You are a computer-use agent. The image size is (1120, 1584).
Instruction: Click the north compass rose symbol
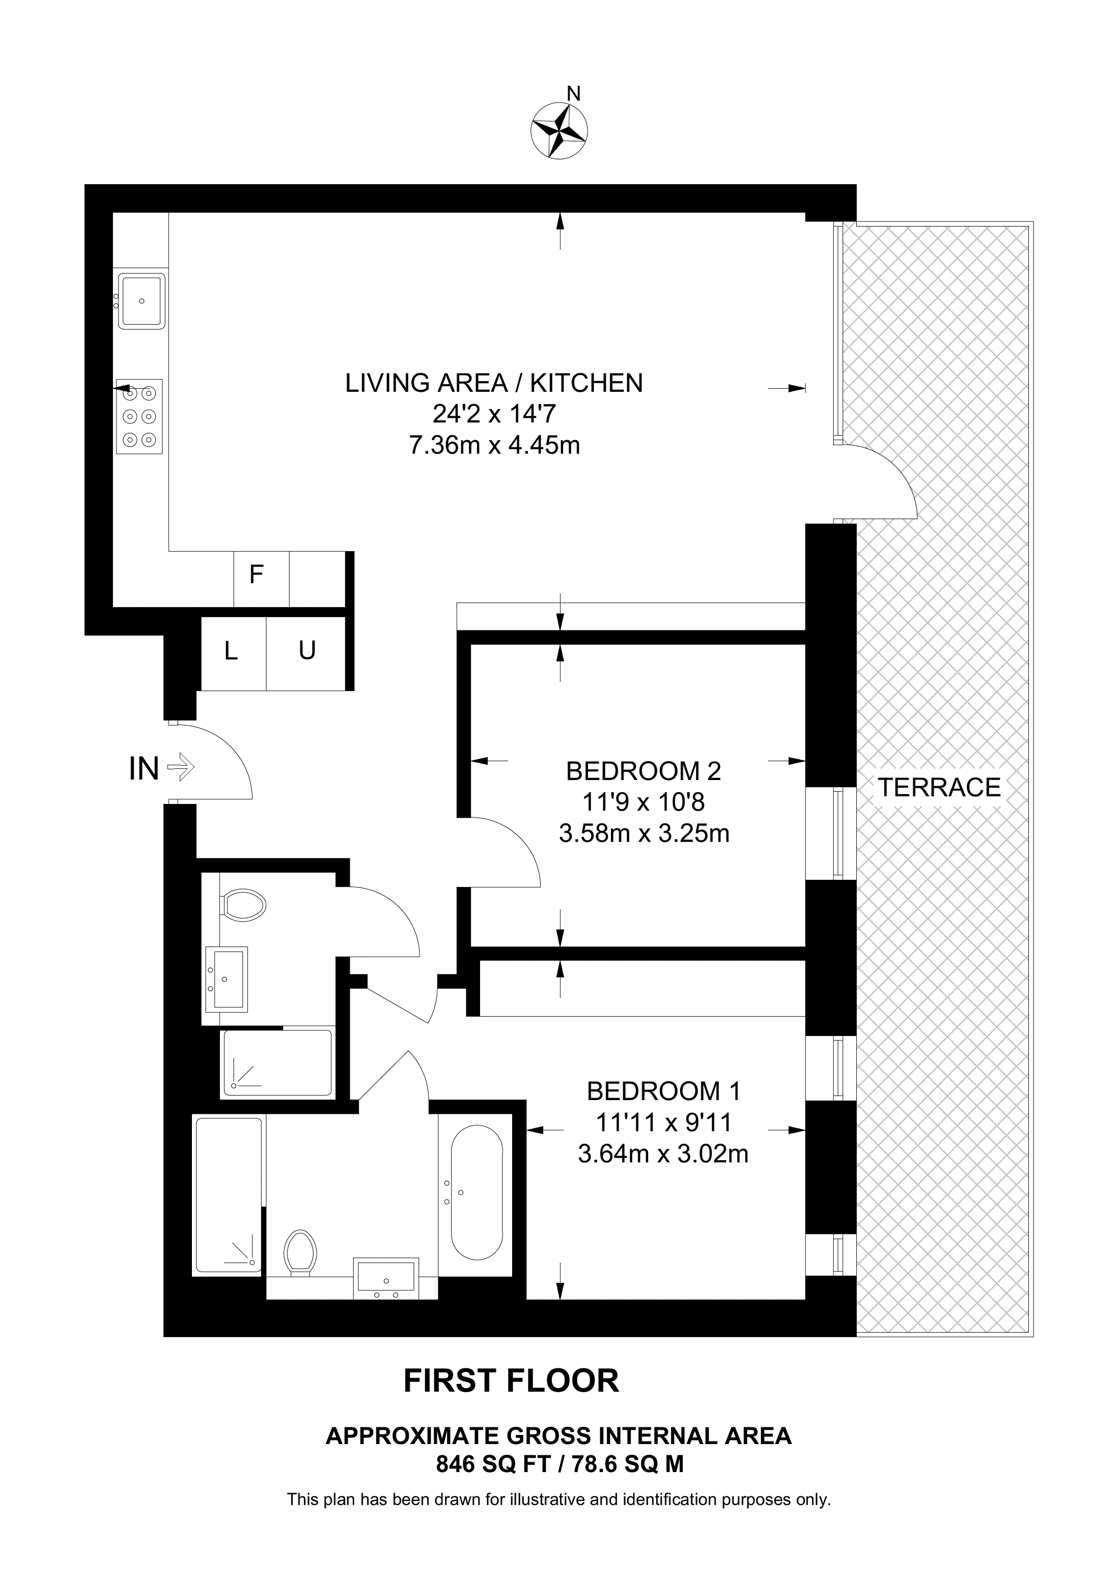click(559, 130)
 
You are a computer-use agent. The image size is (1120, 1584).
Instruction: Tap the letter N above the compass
click(573, 93)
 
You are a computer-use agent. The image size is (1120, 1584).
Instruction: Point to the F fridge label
click(256, 574)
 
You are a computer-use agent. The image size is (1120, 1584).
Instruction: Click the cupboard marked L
click(233, 653)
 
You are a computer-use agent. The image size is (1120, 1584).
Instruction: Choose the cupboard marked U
click(305, 653)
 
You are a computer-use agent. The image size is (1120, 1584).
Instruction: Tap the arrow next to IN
click(182, 767)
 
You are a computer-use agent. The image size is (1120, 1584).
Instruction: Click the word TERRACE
click(939, 787)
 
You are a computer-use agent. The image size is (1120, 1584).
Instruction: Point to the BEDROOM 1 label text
click(663, 1091)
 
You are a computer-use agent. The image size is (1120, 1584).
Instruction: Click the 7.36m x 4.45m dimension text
click(494, 446)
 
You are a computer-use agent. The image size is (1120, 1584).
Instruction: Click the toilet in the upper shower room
click(243, 905)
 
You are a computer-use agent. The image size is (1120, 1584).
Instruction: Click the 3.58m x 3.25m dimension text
click(644, 834)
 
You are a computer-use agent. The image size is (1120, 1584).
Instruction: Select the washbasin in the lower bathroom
click(386, 1276)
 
